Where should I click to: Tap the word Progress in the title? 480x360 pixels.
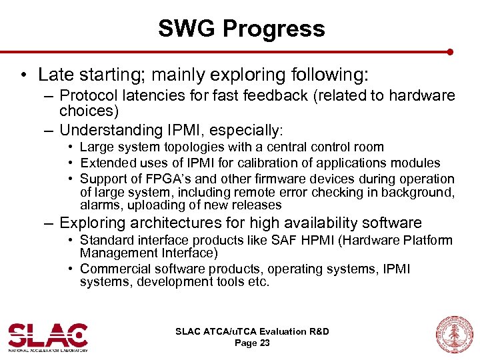(274, 29)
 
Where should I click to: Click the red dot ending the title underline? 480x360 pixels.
(450, 51)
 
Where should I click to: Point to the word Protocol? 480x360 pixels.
(89, 95)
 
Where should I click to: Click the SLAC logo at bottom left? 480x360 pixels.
(48, 335)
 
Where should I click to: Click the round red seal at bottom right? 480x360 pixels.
(453, 334)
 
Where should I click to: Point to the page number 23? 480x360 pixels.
(264, 343)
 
